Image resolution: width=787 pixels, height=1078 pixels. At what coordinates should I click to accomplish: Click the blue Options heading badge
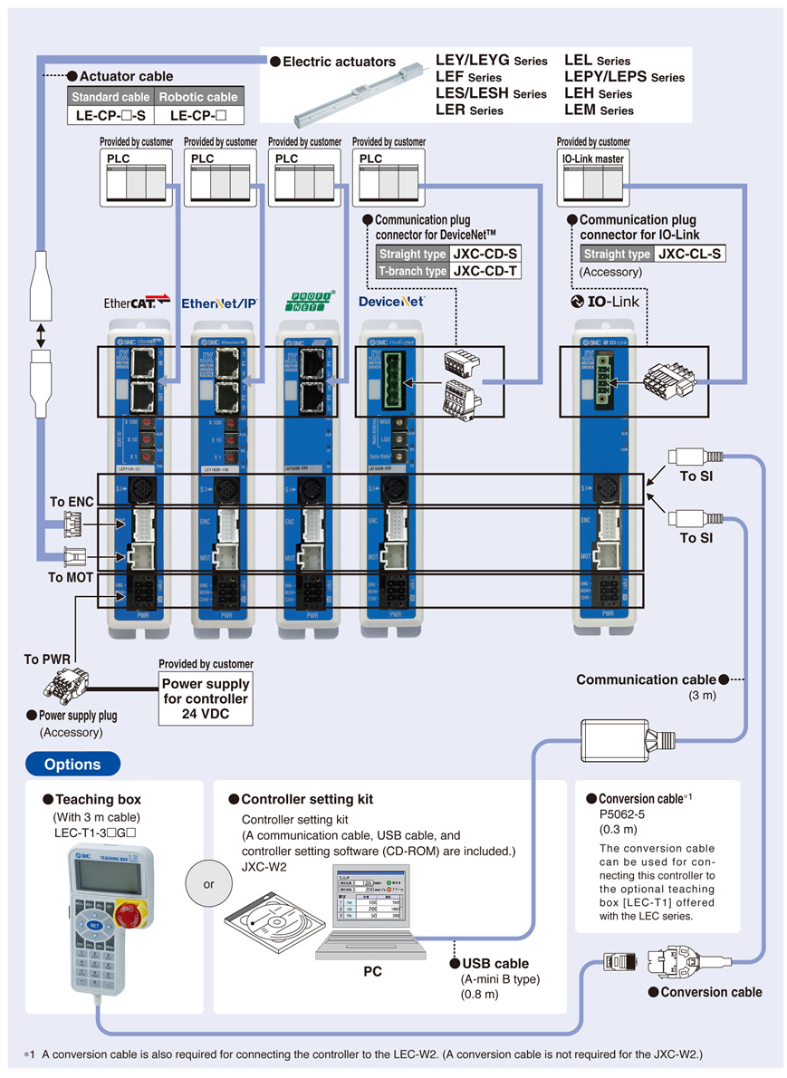(x=72, y=764)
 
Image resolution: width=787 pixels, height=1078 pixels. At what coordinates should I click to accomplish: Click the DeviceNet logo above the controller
(x=391, y=302)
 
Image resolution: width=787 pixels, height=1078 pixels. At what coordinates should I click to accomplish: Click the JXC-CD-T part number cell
(x=485, y=271)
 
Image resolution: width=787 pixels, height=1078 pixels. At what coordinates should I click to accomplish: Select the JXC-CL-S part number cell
(x=690, y=255)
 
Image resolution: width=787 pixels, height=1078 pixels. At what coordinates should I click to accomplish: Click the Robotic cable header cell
(x=197, y=97)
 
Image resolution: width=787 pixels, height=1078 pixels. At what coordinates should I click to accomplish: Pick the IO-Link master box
(x=593, y=178)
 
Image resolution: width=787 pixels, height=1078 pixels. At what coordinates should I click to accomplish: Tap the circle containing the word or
(x=208, y=883)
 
